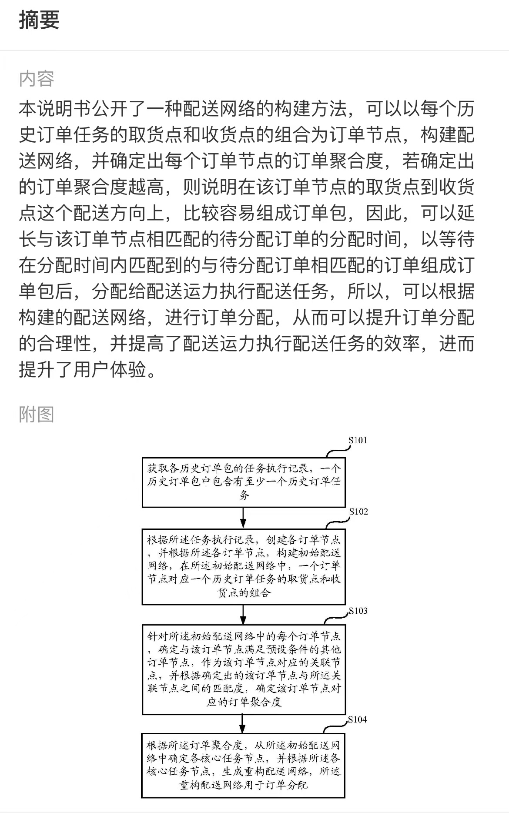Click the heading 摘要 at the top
(x=39, y=20)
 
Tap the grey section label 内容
(x=37, y=79)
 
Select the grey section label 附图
(x=37, y=414)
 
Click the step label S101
(x=358, y=440)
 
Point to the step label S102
(x=358, y=512)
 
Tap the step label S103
(x=358, y=611)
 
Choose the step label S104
(x=357, y=719)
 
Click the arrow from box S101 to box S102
(x=243, y=518)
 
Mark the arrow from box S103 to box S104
(x=243, y=724)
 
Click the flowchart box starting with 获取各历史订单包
(x=244, y=482)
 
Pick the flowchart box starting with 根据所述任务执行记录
(x=244, y=567)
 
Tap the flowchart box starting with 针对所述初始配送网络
(x=244, y=669)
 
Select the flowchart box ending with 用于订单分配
(x=243, y=766)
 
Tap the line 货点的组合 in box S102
(x=244, y=592)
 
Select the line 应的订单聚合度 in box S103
(x=244, y=702)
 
